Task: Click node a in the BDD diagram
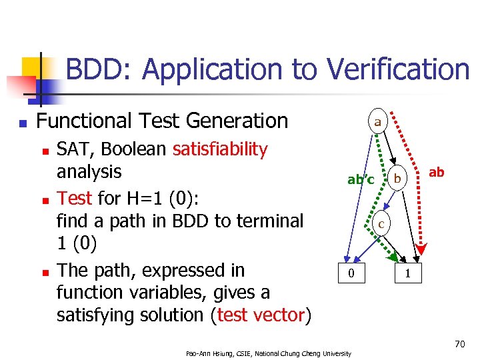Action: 377,121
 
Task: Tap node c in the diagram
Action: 381,224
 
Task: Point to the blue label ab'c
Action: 361,179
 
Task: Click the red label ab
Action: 436,172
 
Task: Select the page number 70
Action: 459,345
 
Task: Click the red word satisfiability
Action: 220,149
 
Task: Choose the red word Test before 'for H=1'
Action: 75,198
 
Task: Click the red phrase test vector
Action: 261,315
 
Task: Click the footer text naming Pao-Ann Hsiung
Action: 268,353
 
